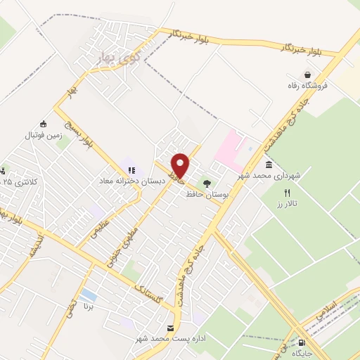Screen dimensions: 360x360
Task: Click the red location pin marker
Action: coord(180,165)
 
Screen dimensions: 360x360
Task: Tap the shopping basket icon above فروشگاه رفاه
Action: coord(307,75)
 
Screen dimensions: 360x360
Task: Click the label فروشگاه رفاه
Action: coord(303,86)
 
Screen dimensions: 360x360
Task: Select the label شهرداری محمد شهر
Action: coord(263,175)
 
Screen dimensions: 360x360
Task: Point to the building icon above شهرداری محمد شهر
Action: coord(269,164)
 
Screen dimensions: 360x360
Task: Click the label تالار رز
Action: coord(288,202)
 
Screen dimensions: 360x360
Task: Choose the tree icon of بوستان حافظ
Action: coord(207,183)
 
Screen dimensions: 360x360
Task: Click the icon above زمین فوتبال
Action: coord(44,124)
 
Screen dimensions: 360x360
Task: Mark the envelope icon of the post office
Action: coord(171,328)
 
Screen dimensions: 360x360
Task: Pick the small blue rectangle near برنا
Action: coord(89,295)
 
